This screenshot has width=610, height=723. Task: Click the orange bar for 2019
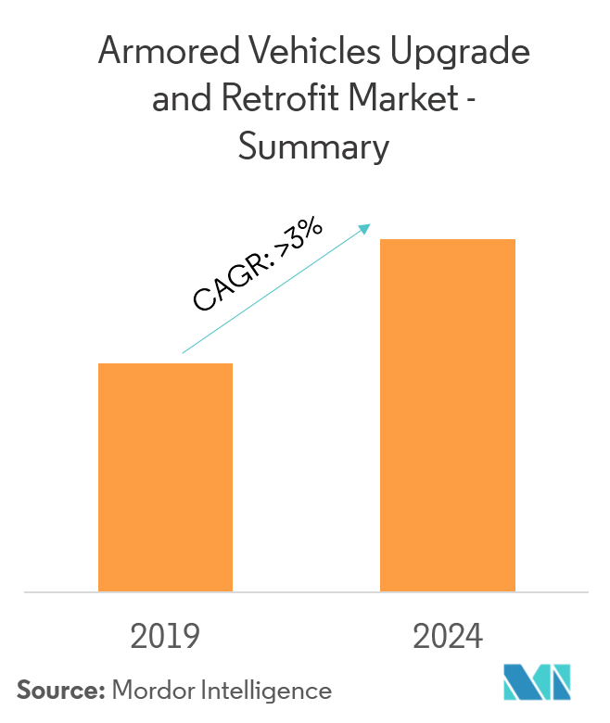[165, 476]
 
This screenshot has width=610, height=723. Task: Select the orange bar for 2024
[448, 414]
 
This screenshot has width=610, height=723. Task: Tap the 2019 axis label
[165, 637]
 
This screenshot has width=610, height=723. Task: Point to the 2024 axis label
[449, 637]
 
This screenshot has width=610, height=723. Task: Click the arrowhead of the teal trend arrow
[367, 226]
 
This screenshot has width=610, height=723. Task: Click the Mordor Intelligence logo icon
[537, 683]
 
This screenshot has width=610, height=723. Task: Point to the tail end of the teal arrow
[184, 352]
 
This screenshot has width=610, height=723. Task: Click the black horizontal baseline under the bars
[305, 591]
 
